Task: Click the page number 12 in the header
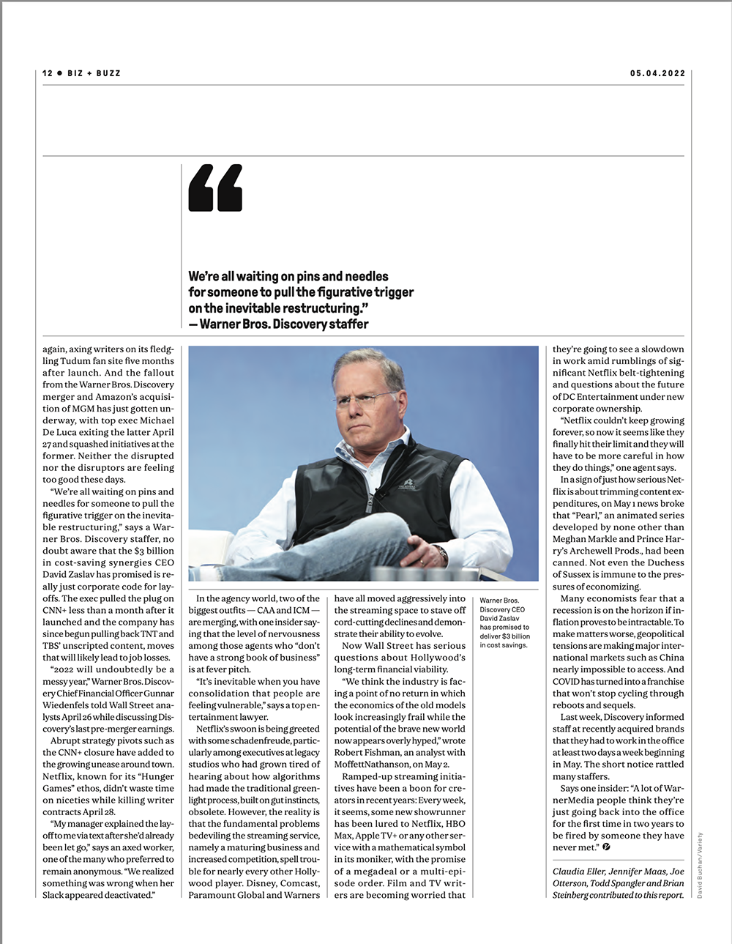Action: [x=48, y=73]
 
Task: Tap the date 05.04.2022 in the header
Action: [x=657, y=73]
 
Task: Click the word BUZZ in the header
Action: [x=108, y=73]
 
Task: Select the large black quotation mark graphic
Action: [x=215, y=188]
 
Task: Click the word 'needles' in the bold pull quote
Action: [x=366, y=276]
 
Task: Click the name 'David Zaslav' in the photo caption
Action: [x=500, y=618]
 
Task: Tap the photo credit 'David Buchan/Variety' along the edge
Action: [x=700, y=865]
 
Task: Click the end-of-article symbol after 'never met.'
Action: [x=606, y=847]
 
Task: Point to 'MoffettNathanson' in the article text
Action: [x=372, y=765]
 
